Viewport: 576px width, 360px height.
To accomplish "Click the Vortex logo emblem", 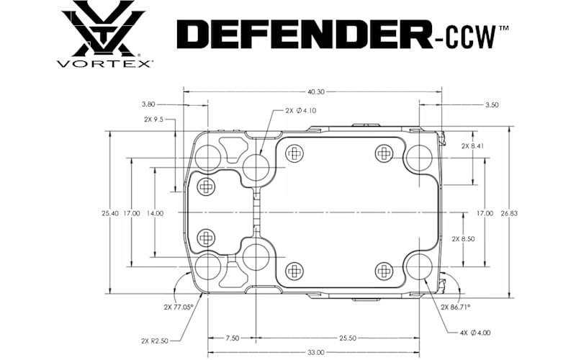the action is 103,28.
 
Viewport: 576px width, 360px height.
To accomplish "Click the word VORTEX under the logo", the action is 104,64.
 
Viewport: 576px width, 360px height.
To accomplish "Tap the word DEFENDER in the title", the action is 305,34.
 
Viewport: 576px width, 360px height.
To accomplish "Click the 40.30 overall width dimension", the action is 316,92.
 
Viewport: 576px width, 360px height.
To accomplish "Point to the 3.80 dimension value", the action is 148,104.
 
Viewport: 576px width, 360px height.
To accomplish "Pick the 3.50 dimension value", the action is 492,105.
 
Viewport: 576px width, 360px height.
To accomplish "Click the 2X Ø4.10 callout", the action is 300,111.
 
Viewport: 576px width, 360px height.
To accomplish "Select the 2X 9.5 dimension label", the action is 153,120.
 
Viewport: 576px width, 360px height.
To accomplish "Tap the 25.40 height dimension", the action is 110,213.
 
